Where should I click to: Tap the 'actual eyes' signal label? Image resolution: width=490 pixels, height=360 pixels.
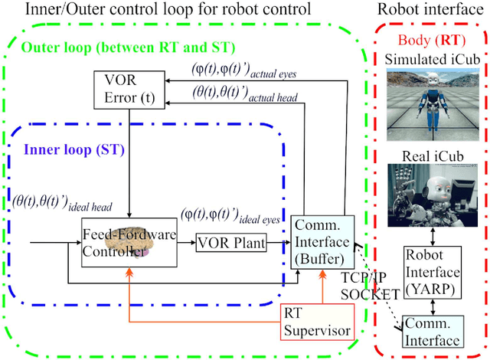(246, 70)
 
